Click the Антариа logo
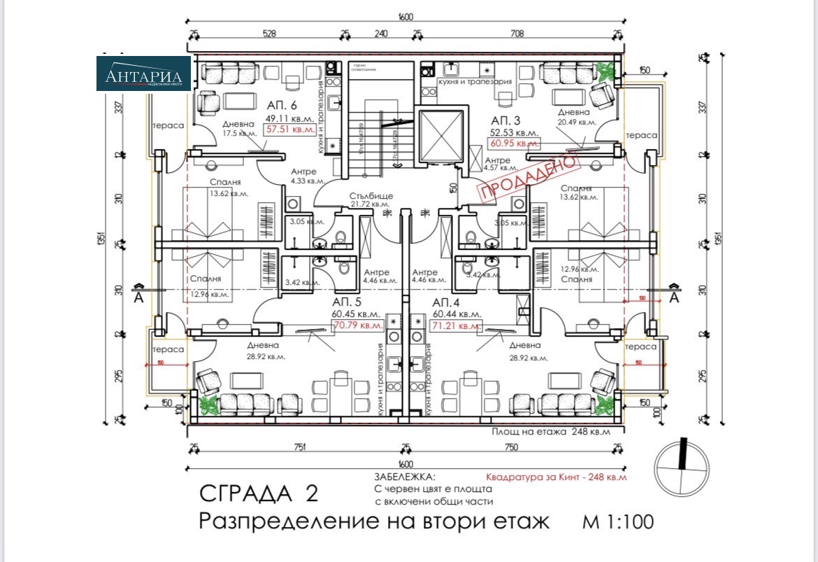(143, 74)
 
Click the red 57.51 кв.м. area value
(289, 129)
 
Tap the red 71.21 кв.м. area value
(456, 325)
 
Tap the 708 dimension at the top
(517, 32)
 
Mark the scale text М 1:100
(617, 521)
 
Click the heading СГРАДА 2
(258, 493)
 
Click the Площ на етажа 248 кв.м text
(551, 431)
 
